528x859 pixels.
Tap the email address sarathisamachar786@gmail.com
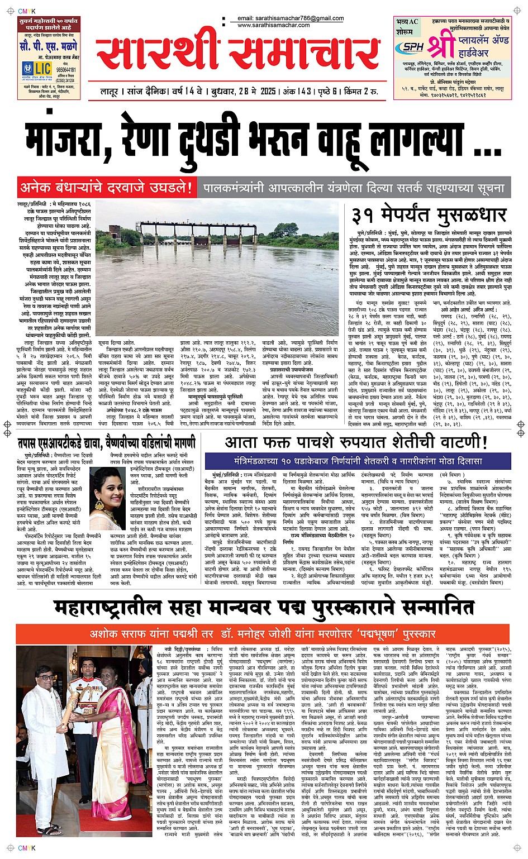pyautogui.click(x=291, y=18)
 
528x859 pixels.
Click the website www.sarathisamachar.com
pyautogui.click(x=273, y=25)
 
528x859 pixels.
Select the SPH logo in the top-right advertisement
pyautogui.click(x=413, y=47)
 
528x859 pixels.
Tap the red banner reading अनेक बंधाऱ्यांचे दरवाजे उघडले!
pyautogui.click(x=107, y=188)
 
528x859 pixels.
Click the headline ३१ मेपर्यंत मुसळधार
pyautogui.click(x=429, y=216)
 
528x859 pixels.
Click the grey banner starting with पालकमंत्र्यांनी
pyautogui.click(x=354, y=188)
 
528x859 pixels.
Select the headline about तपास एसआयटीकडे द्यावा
pyautogui.click(x=106, y=443)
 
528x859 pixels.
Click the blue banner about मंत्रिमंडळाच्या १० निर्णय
pyautogui.click(x=358, y=461)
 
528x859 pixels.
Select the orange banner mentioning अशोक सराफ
pyautogui.click(x=263, y=634)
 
